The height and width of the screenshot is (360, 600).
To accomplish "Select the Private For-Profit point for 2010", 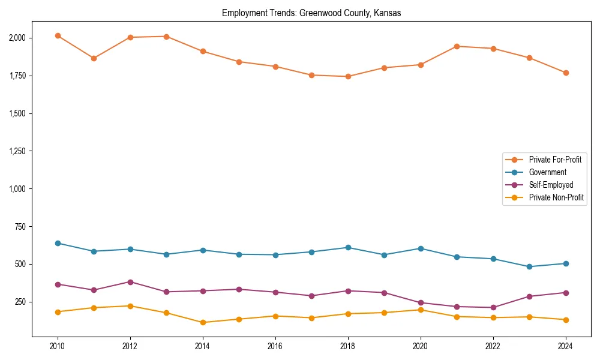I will (x=58, y=36).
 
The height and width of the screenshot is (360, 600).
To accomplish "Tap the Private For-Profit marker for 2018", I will (x=348, y=77).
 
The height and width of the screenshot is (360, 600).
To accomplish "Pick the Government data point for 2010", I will (x=58, y=243).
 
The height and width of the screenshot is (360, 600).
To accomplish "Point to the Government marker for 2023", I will (x=529, y=267).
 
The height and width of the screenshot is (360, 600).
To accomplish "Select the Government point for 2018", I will (x=348, y=248).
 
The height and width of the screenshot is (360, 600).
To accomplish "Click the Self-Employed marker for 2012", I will (x=130, y=282).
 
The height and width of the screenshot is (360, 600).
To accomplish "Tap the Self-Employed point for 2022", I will (x=493, y=308).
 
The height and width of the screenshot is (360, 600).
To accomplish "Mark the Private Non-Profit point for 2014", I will (x=203, y=323).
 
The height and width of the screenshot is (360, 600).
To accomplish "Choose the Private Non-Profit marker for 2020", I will (x=421, y=310).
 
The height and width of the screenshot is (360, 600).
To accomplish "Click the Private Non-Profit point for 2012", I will (x=130, y=306).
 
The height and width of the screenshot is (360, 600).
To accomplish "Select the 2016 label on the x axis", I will (x=275, y=346).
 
